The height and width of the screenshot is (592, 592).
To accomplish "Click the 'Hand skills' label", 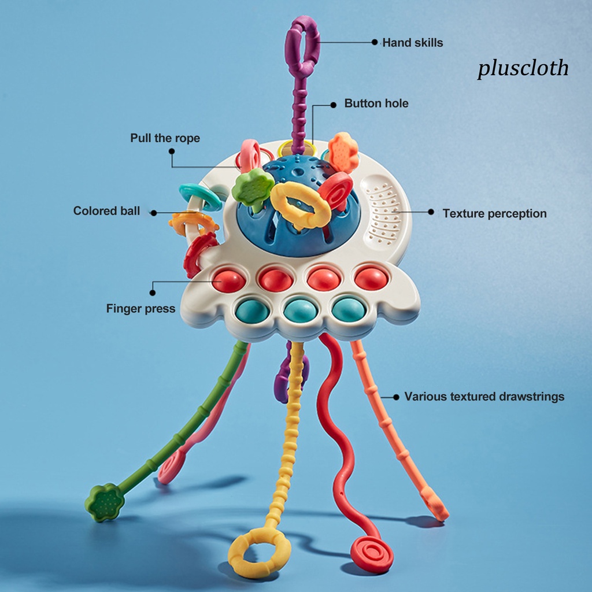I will click(412, 42).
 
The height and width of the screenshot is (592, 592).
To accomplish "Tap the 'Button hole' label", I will click(376, 103).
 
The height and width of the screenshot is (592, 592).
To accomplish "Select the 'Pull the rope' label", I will click(165, 138).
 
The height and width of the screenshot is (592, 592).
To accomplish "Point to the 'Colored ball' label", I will click(106, 211).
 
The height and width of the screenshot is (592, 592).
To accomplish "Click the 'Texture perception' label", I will click(494, 213).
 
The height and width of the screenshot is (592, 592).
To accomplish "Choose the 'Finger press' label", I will click(140, 309).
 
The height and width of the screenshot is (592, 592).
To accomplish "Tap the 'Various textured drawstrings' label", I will click(484, 397).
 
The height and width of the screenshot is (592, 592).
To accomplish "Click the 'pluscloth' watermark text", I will click(523, 68).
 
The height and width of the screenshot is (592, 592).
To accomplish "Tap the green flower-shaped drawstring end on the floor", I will click(105, 502).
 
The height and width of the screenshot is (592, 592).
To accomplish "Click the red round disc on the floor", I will click(372, 553).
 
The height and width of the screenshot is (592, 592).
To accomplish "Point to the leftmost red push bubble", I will click(228, 280).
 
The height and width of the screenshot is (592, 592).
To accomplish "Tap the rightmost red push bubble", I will click(371, 278).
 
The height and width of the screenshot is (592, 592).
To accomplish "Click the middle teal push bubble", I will click(300, 309).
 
